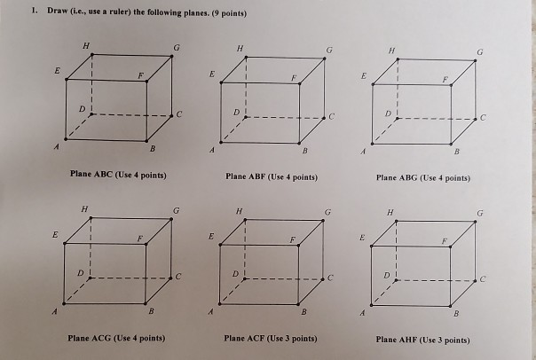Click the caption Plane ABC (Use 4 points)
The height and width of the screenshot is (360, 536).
[118, 176]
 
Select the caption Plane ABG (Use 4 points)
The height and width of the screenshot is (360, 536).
[422, 177]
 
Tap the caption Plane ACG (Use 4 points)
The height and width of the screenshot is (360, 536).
[118, 338]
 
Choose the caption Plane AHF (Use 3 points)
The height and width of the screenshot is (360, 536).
[422, 340]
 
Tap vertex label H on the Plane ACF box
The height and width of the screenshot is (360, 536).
[237, 211]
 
